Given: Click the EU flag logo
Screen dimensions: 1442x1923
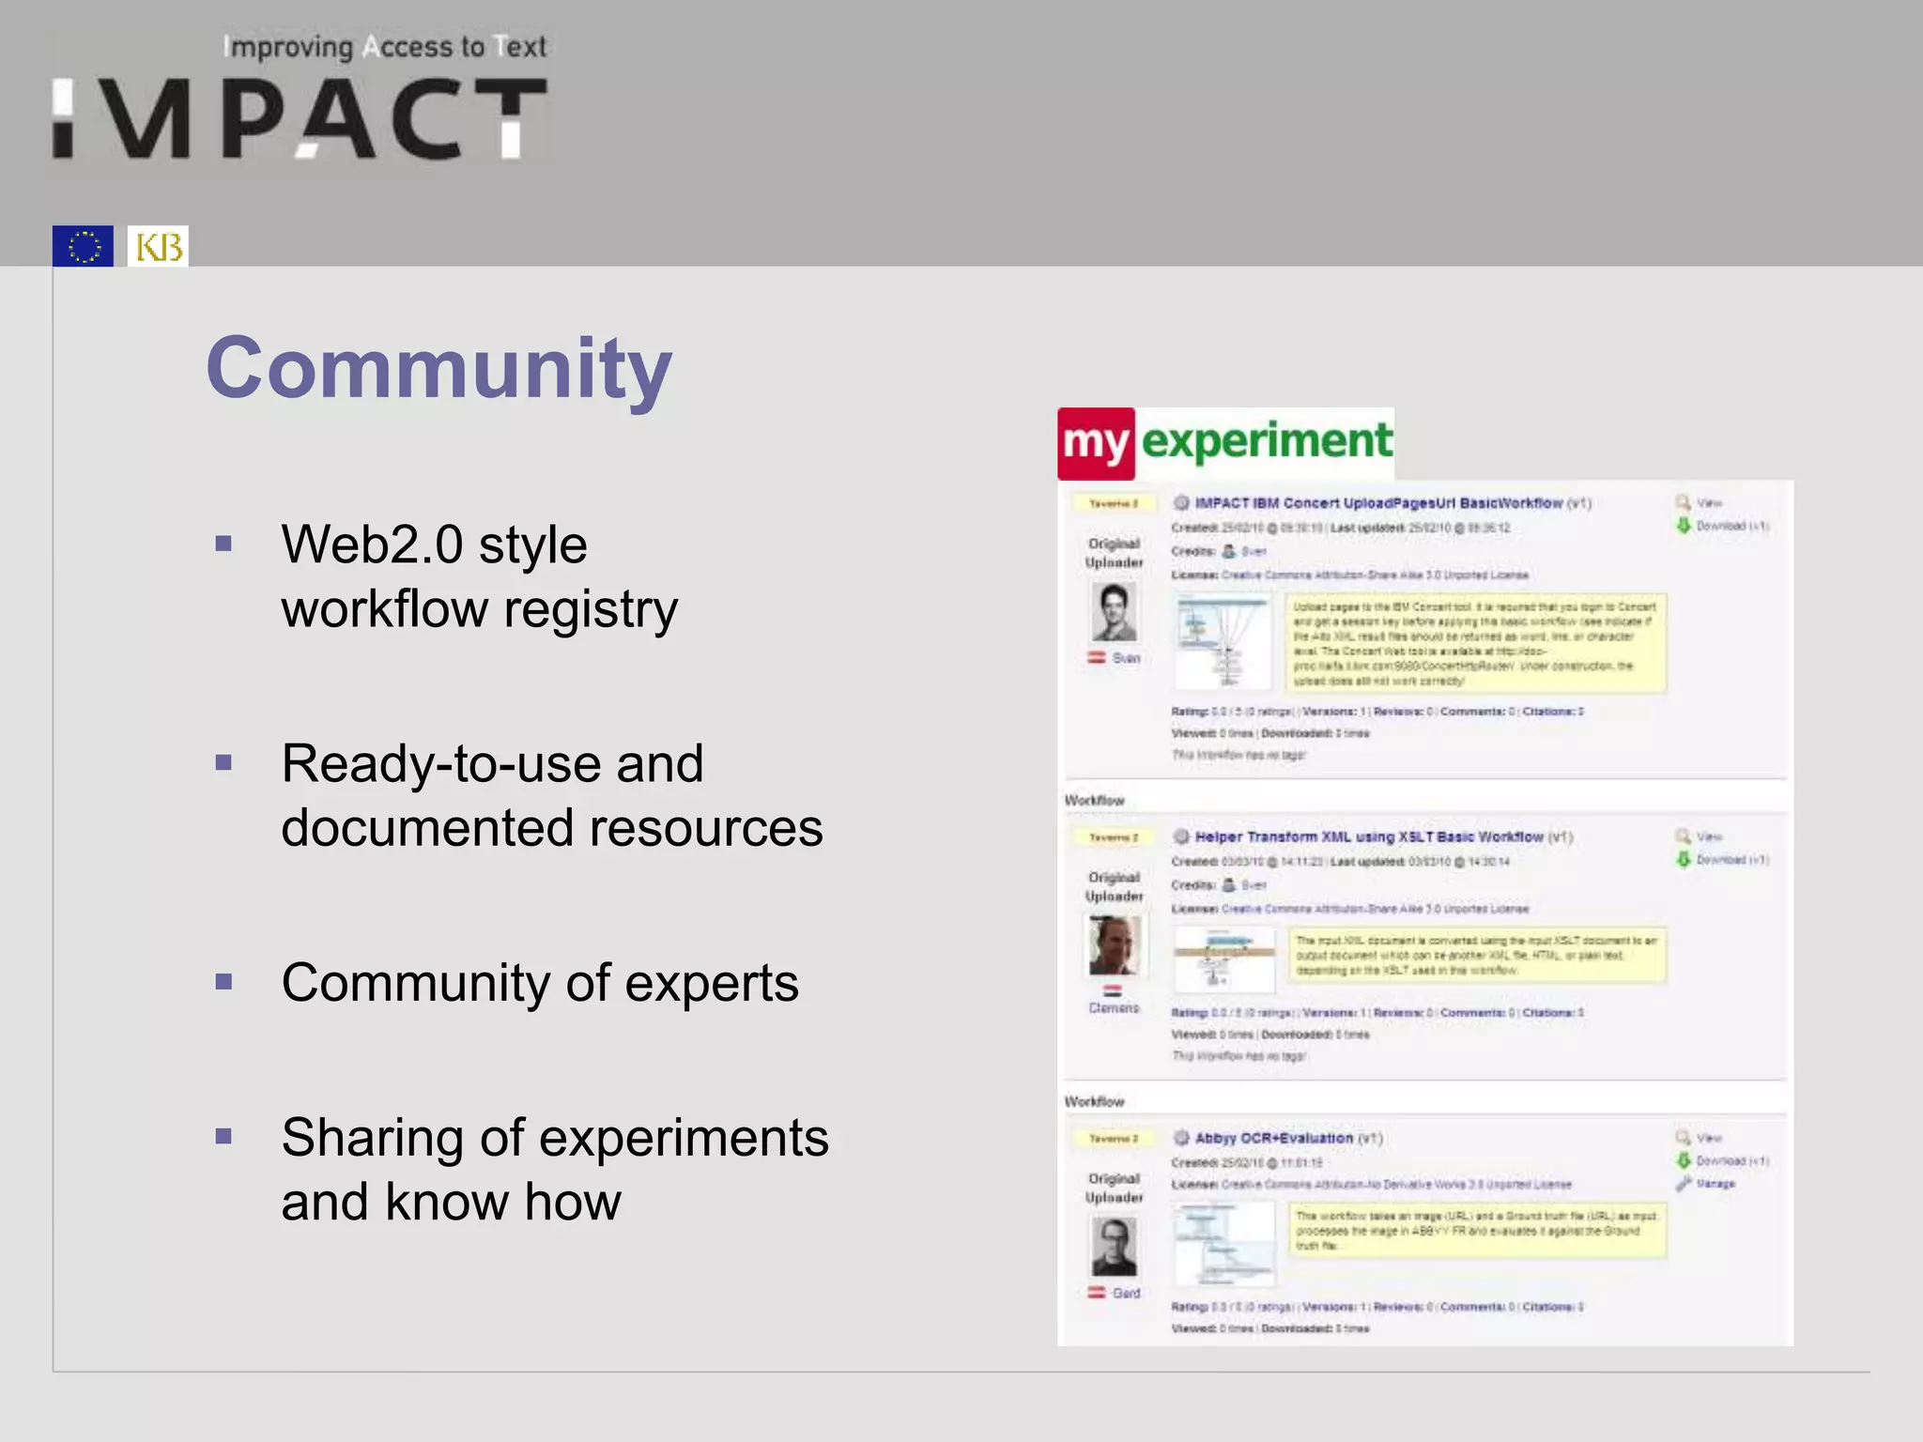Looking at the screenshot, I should [x=83, y=246].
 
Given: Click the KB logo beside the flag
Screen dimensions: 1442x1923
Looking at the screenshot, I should [x=158, y=246].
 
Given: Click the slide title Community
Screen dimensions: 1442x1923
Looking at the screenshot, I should [x=438, y=368].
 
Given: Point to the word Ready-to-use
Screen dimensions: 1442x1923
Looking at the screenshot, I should [x=492, y=763].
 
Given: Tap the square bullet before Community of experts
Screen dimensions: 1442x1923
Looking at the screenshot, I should [x=223, y=982].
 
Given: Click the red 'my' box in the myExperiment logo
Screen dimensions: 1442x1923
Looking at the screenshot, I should [x=1096, y=443].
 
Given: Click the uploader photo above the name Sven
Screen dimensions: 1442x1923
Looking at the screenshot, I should [x=1115, y=611].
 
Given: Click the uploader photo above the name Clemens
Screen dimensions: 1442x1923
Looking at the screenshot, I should [x=1115, y=944].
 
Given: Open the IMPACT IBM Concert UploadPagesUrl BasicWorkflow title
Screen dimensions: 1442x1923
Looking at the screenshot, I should [x=1378, y=503].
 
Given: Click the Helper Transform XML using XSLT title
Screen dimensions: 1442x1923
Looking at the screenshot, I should [x=1369, y=836].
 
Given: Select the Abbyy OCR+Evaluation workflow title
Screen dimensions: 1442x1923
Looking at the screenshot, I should [x=1273, y=1138].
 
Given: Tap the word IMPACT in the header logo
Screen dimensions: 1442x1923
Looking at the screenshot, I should [x=300, y=119].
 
